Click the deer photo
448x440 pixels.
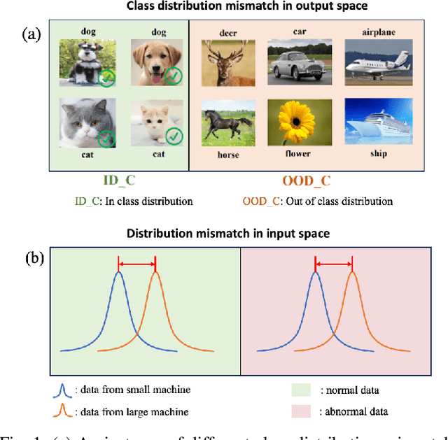223,62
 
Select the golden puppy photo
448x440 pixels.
157,62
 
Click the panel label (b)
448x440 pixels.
34,258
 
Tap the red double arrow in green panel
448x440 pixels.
136,264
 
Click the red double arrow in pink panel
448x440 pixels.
334,264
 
